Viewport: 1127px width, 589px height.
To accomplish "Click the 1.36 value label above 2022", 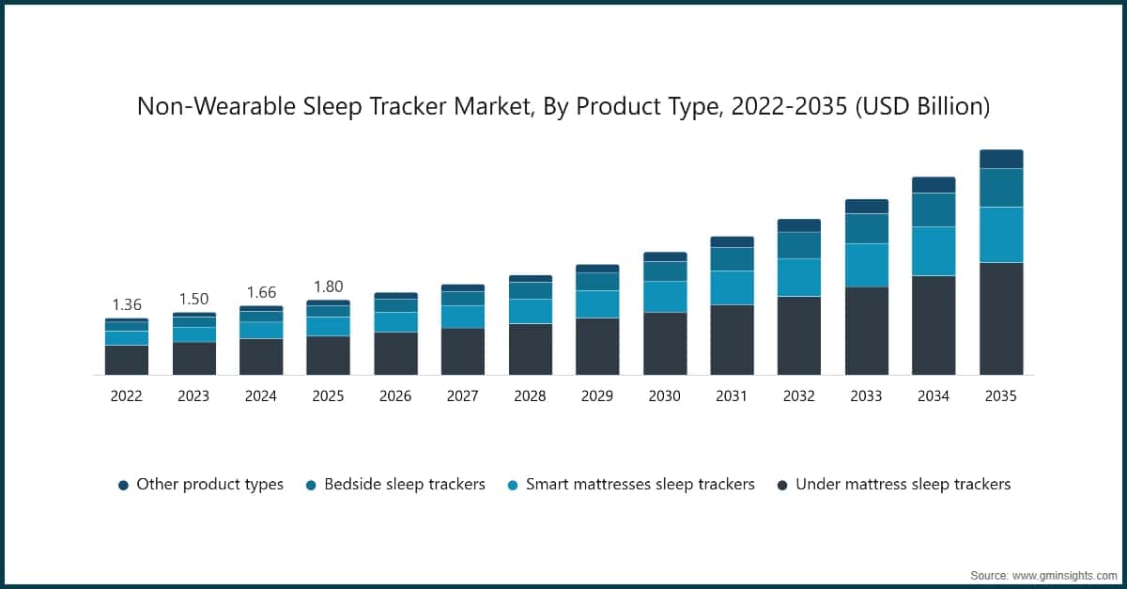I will click(x=127, y=304).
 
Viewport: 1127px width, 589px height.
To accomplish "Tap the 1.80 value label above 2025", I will click(x=328, y=287).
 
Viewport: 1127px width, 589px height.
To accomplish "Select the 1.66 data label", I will click(x=261, y=293).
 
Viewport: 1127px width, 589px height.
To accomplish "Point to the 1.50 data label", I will click(x=193, y=299).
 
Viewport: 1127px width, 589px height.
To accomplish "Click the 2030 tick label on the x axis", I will click(x=664, y=396).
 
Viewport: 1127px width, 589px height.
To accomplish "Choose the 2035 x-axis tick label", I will click(x=1001, y=396).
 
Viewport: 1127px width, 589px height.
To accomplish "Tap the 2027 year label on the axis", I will click(x=462, y=396).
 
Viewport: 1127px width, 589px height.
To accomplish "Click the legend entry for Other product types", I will click(x=200, y=485).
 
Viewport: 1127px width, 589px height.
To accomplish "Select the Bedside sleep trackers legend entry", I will click(x=394, y=485).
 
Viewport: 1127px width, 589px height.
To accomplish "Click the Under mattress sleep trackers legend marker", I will click(x=782, y=485).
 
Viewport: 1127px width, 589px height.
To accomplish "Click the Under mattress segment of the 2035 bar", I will click(x=1001, y=318).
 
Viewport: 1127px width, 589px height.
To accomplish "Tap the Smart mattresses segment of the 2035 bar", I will click(x=1001, y=235).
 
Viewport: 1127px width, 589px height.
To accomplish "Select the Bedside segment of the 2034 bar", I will click(x=934, y=209).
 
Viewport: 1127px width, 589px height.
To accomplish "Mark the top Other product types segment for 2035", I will click(x=1001, y=159).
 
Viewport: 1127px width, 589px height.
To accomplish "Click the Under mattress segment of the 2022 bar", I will click(x=127, y=360).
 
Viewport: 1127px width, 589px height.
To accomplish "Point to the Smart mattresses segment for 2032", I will click(x=799, y=277).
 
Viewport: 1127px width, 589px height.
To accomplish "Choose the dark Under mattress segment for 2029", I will click(x=597, y=346).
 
